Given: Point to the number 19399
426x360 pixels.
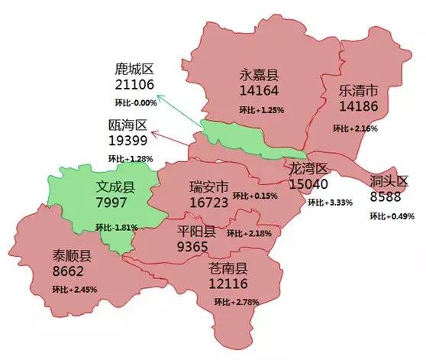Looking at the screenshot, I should point(131,141).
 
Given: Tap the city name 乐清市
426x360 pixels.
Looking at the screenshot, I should point(359,91).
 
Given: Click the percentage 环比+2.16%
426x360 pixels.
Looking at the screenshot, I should point(356,129).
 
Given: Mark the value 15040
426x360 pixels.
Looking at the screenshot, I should point(309,184).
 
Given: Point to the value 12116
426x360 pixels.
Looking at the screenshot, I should point(228,284).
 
